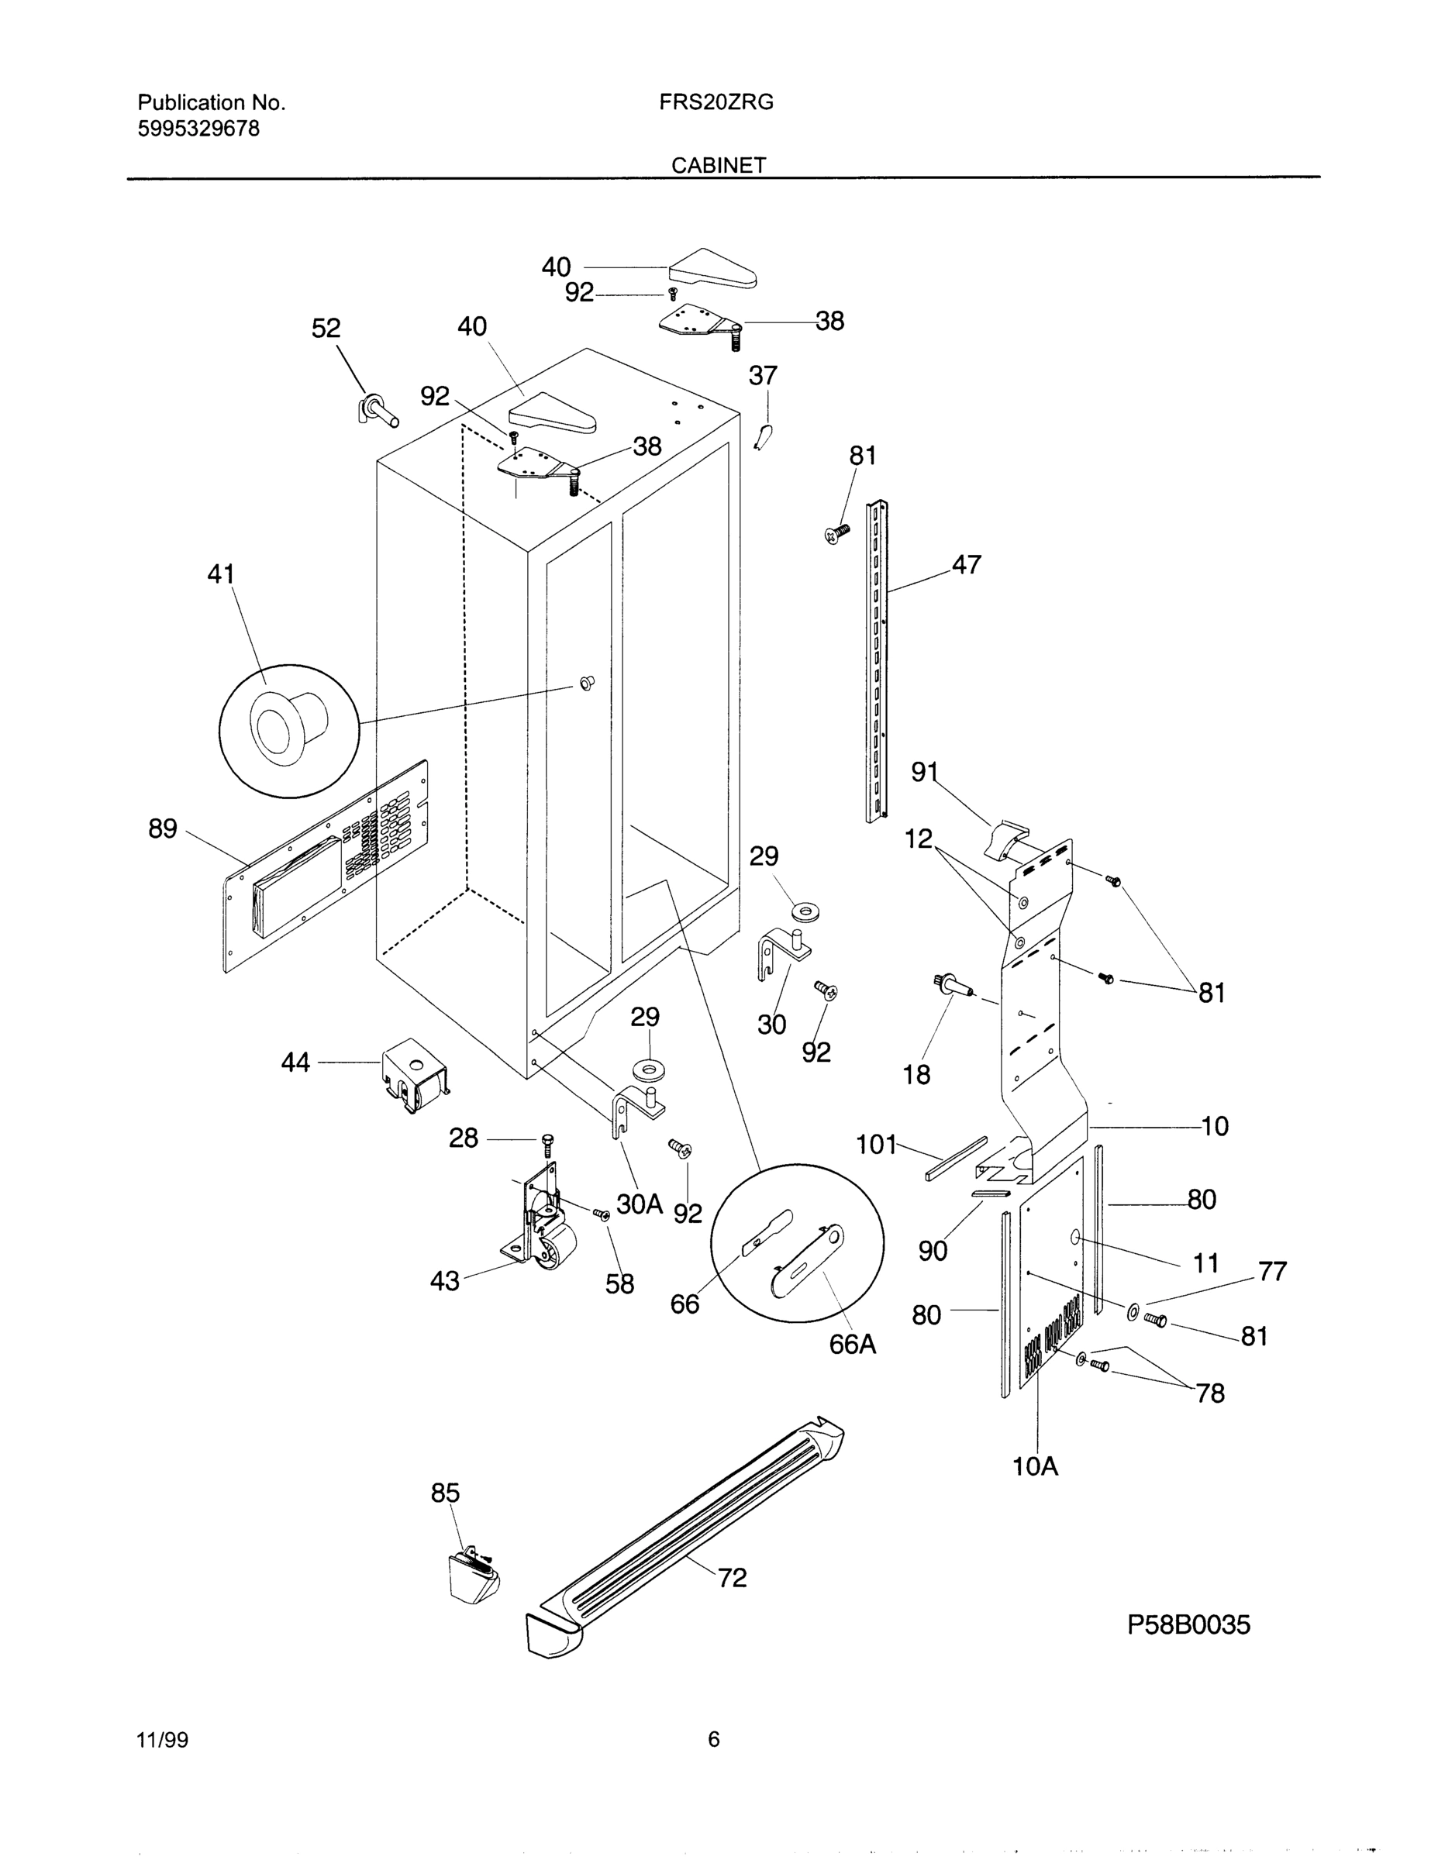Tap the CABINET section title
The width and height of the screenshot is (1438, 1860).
click(718, 165)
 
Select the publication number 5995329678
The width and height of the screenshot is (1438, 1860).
click(198, 129)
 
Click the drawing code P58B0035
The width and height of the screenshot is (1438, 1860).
click(1188, 1625)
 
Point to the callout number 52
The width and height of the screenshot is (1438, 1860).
click(326, 328)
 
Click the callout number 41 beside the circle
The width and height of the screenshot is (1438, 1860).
click(222, 574)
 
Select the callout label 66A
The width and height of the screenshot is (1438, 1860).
click(853, 1344)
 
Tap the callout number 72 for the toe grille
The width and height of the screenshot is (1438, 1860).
click(732, 1578)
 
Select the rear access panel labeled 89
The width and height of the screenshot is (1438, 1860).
click(324, 869)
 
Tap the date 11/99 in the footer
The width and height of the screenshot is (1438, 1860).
click(163, 1740)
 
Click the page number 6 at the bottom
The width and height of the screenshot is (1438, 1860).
click(714, 1739)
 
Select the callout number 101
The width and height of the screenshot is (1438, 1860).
click(877, 1144)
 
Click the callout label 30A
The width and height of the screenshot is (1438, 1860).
click(639, 1204)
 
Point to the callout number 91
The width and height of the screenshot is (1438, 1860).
click(924, 772)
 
